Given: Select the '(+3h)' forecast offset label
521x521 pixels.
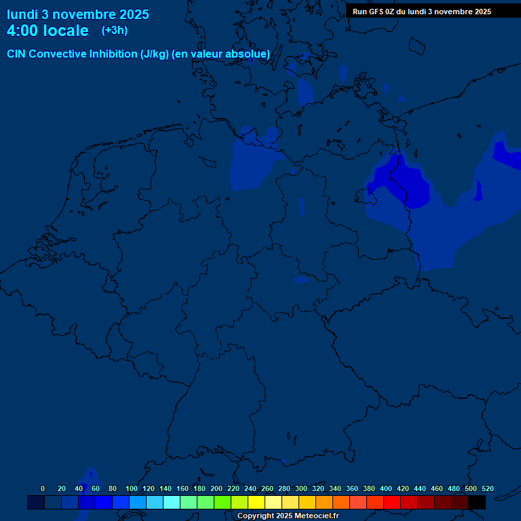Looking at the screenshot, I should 115,31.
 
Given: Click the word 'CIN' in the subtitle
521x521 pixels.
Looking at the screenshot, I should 17,54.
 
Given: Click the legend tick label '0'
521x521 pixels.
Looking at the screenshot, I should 43,488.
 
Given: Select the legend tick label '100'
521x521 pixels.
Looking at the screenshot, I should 132,488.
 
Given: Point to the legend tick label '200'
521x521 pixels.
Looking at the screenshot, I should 216,488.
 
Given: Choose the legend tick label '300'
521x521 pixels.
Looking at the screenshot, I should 301,488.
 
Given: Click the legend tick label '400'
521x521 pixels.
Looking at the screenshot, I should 386,488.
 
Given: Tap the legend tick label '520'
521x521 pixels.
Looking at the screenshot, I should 487,488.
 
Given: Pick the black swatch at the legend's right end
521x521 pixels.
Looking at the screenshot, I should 477,502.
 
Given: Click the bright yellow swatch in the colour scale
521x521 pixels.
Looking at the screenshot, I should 256,502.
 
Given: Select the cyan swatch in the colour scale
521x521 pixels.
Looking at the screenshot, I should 172,502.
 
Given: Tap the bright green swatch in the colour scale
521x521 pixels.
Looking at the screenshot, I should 223,502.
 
